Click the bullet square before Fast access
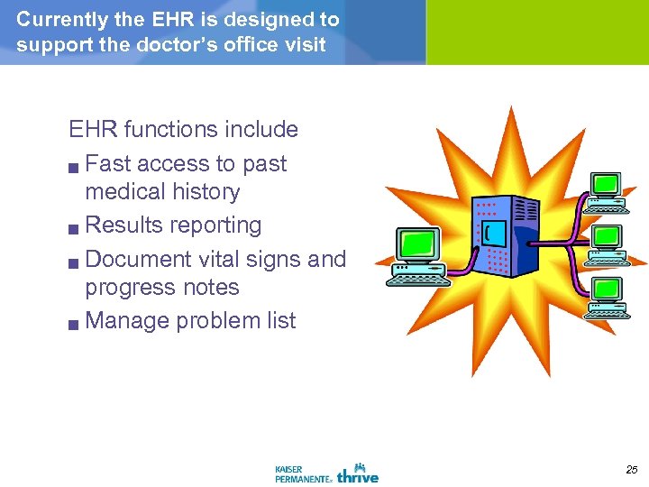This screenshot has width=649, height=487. pos(76,166)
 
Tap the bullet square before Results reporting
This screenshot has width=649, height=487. pos(76,227)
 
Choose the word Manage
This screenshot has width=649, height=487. pos(127,321)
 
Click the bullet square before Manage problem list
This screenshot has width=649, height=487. pos(76,323)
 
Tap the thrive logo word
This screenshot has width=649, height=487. pos(358,473)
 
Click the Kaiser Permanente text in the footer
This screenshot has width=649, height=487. pos(303,473)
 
